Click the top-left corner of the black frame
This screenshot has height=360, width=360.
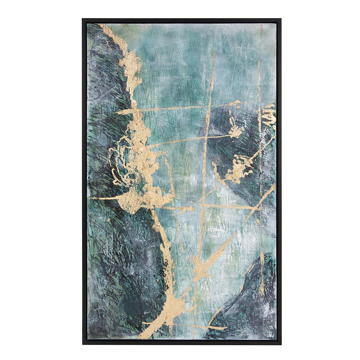pos(83,19)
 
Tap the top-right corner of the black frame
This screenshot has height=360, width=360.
pos(281,19)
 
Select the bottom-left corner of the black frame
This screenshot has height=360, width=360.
pos(83,344)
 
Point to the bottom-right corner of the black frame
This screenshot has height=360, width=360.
pos(281,344)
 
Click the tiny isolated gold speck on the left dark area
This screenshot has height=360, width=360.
pos(108,220)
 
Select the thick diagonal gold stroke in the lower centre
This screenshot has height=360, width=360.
pos(212,257)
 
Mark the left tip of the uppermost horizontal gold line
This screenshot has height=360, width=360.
pos(117,112)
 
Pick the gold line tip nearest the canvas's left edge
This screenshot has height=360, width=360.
pos(91,198)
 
